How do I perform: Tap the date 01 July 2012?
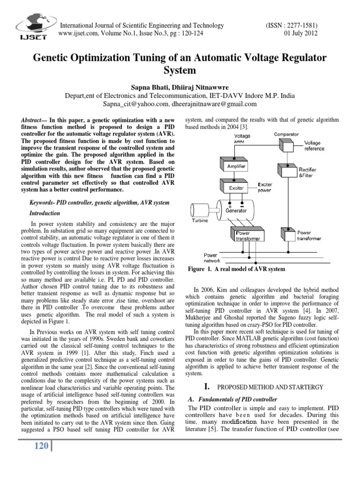(305, 34)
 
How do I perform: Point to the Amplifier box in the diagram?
(236, 166)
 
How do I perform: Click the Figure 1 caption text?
(236, 269)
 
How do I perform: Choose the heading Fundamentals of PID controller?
(233, 399)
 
